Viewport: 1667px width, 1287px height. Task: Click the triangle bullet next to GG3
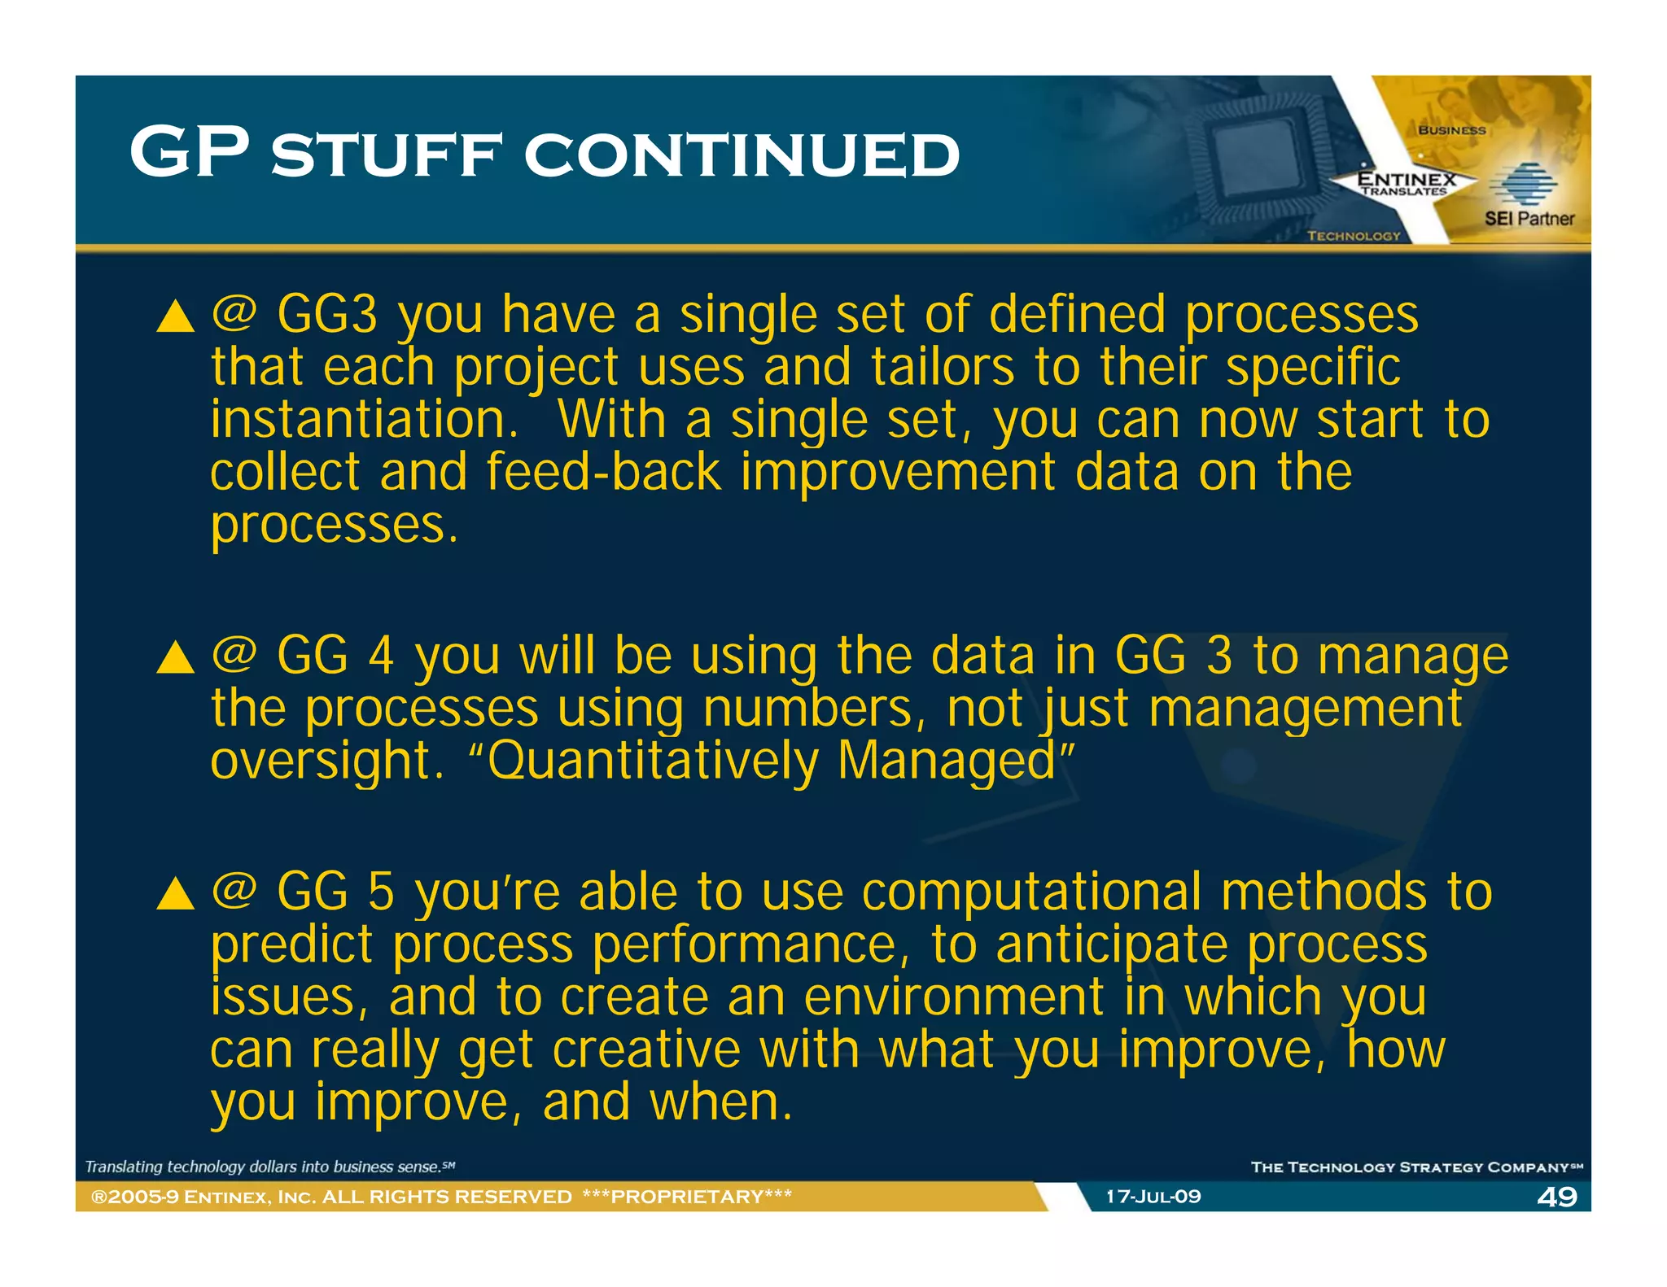[x=175, y=316]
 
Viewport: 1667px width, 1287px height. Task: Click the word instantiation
[x=364, y=420]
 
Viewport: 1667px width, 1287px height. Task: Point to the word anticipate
[x=1110, y=945]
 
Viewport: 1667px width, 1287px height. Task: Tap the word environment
[x=953, y=997]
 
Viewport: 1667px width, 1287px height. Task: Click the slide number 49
[x=1556, y=1197]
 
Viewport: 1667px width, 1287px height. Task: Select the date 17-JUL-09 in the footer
[x=1153, y=1197]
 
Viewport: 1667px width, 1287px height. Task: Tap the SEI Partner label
[x=1529, y=218]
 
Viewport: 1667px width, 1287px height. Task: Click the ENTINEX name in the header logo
[x=1406, y=178]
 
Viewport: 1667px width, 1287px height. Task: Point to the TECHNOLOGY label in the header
[x=1353, y=236]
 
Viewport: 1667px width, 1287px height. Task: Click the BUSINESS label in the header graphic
[x=1451, y=130]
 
